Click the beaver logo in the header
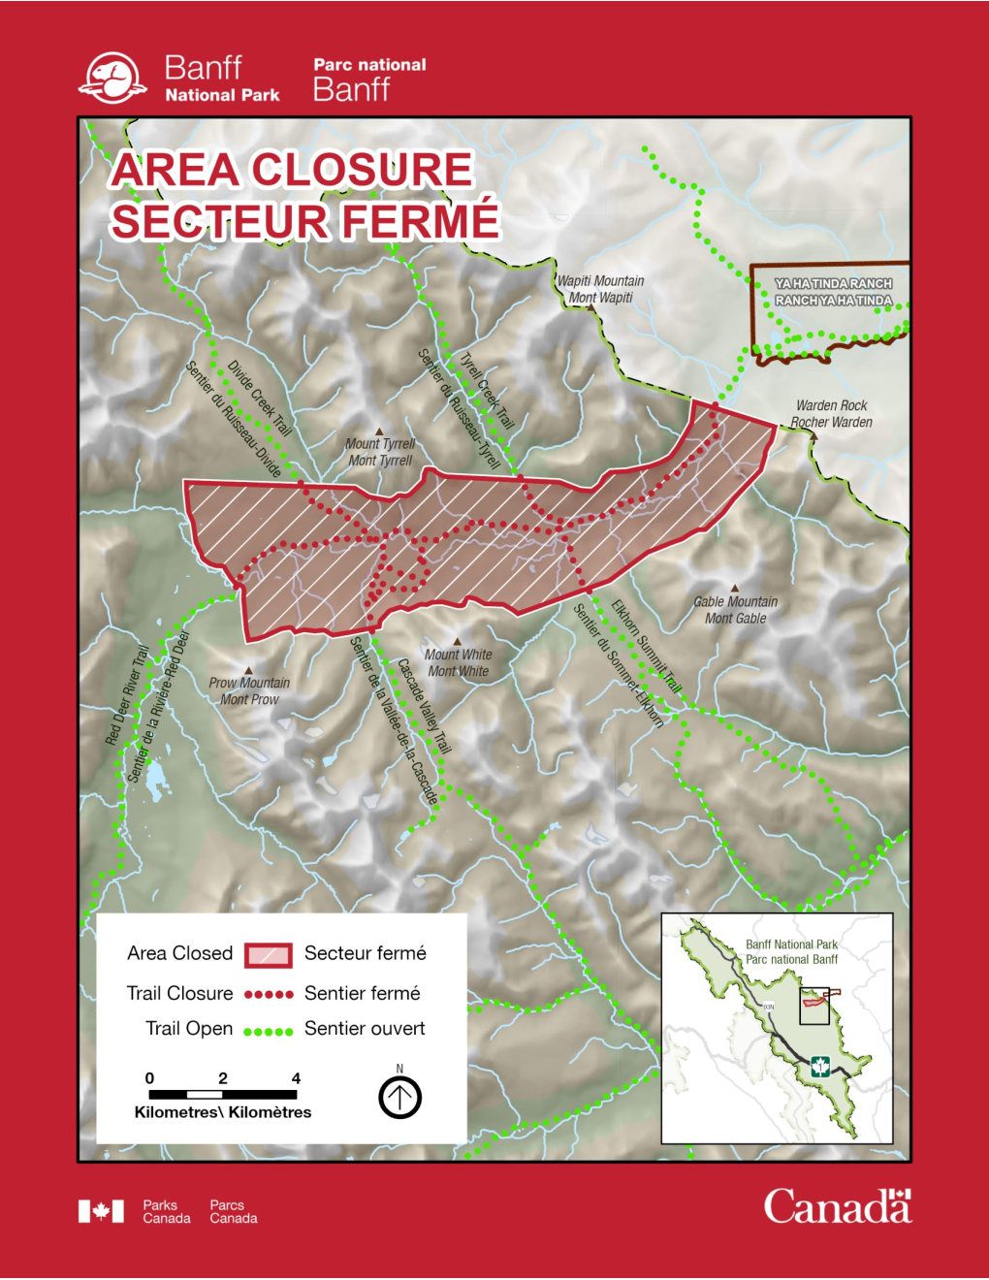[112, 79]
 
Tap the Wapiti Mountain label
[600, 289]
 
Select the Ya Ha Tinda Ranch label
[833, 292]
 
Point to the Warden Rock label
[831, 413]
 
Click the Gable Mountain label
[735, 610]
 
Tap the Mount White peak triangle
[457, 642]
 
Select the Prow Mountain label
[249, 690]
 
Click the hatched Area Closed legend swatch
[269, 954]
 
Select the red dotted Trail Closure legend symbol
[269, 994]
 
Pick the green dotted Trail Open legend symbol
[269, 1030]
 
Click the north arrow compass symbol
[399, 1098]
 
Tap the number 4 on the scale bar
[296, 1078]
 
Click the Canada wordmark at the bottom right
[837, 1206]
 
